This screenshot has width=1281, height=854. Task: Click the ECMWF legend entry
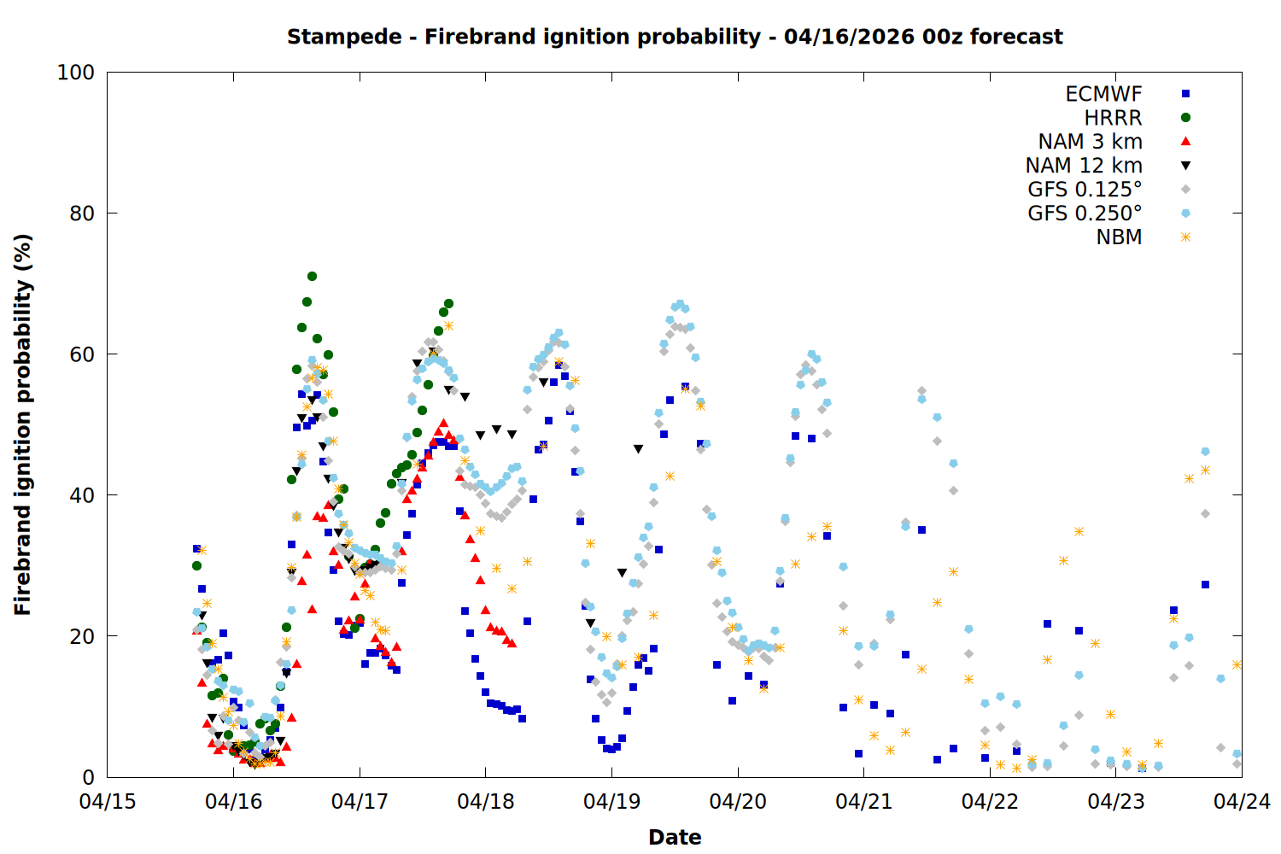tap(1103, 94)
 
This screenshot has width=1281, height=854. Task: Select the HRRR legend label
tap(1113, 118)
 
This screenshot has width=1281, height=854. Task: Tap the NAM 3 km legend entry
tap(1090, 142)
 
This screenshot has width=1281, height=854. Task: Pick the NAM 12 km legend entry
tap(1084, 166)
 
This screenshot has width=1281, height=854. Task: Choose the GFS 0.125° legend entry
tap(1085, 190)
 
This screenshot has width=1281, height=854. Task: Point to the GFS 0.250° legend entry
tap(1085, 213)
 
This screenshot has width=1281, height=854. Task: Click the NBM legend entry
tap(1119, 237)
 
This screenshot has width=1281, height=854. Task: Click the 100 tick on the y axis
tap(76, 73)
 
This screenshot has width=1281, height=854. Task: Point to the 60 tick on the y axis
tap(82, 354)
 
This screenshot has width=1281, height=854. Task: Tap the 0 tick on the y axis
tap(88, 777)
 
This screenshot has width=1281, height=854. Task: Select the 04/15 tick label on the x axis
tap(107, 802)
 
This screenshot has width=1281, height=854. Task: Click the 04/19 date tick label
tap(611, 802)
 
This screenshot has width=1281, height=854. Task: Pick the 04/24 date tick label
tap(1242, 802)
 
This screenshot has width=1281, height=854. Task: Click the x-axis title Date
tap(675, 837)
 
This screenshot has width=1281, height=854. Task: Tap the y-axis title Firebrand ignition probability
tap(23, 424)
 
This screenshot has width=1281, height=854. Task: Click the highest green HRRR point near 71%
tap(312, 276)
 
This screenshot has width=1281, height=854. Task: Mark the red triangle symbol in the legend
tap(1185, 142)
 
